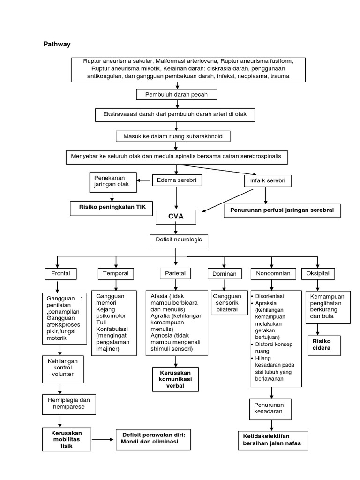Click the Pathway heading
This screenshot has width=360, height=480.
pyautogui.click(x=57, y=44)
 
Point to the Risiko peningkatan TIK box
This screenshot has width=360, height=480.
pyautogui.click(x=112, y=207)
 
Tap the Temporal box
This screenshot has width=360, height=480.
pyautogui.click(x=116, y=273)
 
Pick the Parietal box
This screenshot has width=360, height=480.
pyautogui.click(x=175, y=273)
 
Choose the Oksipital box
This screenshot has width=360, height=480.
pyautogui.click(x=318, y=273)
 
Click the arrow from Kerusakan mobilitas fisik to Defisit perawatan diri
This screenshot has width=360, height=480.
pyautogui.click(x=102, y=440)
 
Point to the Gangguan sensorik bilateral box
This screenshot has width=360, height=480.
pyautogui.click(x=227, y=303)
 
